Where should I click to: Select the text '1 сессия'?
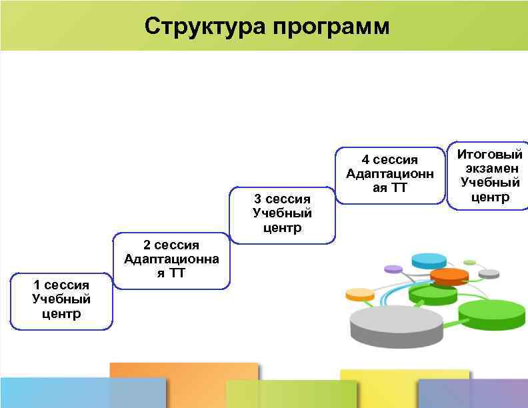(x=61, y=285)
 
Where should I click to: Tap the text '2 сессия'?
(x=171, y=245)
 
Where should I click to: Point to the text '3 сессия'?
(x=283, y=199)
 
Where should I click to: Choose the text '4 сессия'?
(x=390, y=160)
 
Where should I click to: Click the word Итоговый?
(x=490, y=155)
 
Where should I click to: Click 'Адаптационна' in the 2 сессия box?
(x=171, y=259)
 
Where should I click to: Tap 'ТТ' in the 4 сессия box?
(x=398, y=188)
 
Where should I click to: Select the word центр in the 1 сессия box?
(x=61, y=313)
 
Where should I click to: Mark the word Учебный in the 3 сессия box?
(x=283, y=213)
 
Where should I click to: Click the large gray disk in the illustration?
(x=396, y=322)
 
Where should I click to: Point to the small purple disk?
(x=393, y=269)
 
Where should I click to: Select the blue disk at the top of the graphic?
(x=429, y=259)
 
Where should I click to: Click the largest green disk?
(x=492, y=311)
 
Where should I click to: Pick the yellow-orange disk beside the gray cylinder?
(x=360, y=294)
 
